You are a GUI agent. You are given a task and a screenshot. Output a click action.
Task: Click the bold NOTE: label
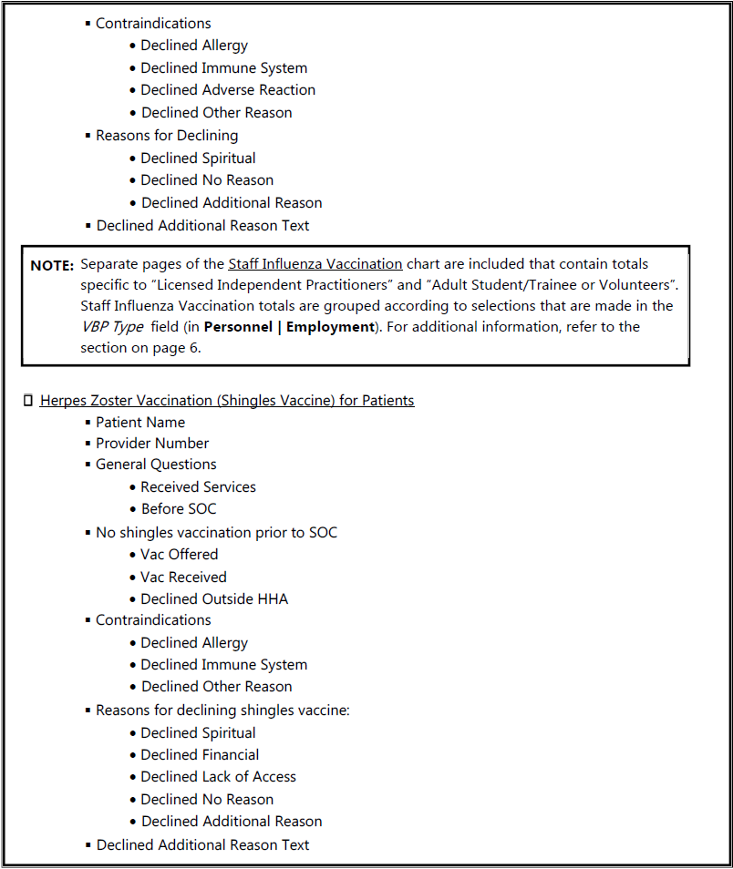pos(52,266)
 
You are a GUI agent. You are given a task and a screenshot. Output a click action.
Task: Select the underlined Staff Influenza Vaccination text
pos(315,264)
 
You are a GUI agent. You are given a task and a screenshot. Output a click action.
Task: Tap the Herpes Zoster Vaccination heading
pos(227,400)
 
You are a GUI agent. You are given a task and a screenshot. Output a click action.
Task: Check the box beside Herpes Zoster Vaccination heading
pos(28,400)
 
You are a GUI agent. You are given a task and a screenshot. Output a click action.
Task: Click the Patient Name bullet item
pos(140,422)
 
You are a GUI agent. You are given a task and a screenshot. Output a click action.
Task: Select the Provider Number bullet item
pos(152,443)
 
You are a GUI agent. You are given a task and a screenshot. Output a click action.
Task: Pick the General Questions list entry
pos(156,465)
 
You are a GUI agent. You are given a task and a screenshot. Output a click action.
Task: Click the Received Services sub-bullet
pos(198,486)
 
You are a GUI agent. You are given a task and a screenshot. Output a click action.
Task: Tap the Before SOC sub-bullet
pos(179,508)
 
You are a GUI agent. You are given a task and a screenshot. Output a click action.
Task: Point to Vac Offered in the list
pos(179,554)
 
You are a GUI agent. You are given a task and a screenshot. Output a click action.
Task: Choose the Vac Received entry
pos(183,577)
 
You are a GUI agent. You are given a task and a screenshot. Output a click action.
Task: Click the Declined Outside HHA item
pos(214,598)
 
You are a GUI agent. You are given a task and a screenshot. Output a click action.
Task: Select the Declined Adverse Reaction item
pos(228,89)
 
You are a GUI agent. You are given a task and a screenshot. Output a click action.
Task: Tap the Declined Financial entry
pos(200,754)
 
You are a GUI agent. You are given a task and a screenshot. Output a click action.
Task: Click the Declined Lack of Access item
pos(218,776)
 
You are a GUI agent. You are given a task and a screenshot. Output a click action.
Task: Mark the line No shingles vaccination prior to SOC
pos(216,532)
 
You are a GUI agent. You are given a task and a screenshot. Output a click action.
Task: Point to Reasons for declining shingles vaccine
pos(222,710)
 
